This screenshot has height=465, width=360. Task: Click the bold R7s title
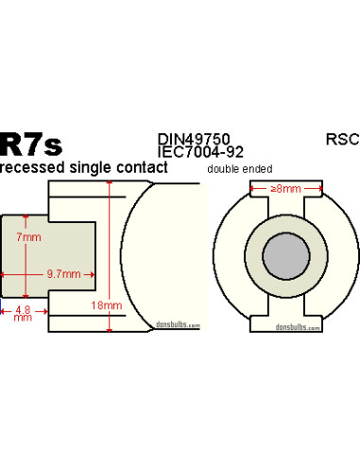point(31,144)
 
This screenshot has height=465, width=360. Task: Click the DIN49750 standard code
point(195,139)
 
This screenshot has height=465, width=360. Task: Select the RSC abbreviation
point(341,139)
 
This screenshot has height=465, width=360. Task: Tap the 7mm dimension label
point(29,239)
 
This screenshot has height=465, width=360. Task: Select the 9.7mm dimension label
point(62,273)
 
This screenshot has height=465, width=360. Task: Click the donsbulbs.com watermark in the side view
point(179,324)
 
